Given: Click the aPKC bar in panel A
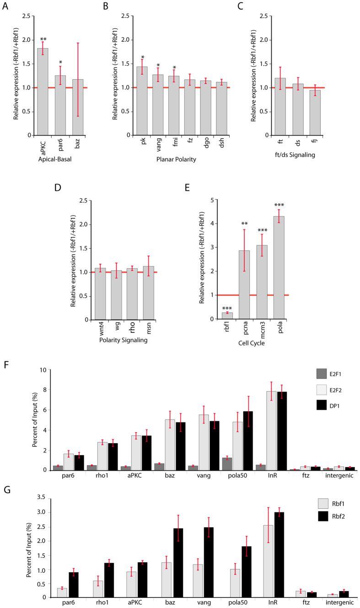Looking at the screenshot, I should pos(43,92).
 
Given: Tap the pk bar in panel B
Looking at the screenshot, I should pos(142,101).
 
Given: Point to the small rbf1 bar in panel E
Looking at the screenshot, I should pos(227,316).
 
